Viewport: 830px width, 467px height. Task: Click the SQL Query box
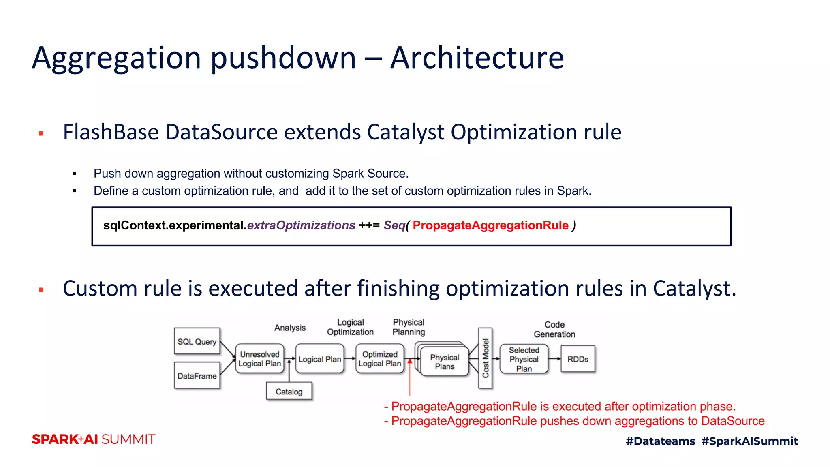197,341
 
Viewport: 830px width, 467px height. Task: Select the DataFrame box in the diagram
197,376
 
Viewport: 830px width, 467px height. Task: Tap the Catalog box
289,392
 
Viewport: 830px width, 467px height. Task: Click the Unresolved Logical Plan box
259,359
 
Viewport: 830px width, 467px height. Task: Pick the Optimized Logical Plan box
380,359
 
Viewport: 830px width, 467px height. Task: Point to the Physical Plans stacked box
445,362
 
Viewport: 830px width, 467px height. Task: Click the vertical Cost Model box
485,358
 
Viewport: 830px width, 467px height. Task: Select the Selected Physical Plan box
524,359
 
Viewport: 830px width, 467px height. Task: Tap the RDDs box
578,359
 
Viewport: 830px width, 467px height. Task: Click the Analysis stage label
290,328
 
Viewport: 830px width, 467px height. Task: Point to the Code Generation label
554,330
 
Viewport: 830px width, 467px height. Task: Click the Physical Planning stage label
409,327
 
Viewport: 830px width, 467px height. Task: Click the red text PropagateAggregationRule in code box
490,225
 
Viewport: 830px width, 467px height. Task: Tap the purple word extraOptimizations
301,225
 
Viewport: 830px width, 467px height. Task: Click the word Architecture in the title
477,58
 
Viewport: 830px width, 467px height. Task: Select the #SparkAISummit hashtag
749,441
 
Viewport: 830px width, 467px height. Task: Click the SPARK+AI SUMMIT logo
94,439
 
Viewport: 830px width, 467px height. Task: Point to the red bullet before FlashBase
41,133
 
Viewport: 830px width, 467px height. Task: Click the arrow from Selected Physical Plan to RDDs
554,359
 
